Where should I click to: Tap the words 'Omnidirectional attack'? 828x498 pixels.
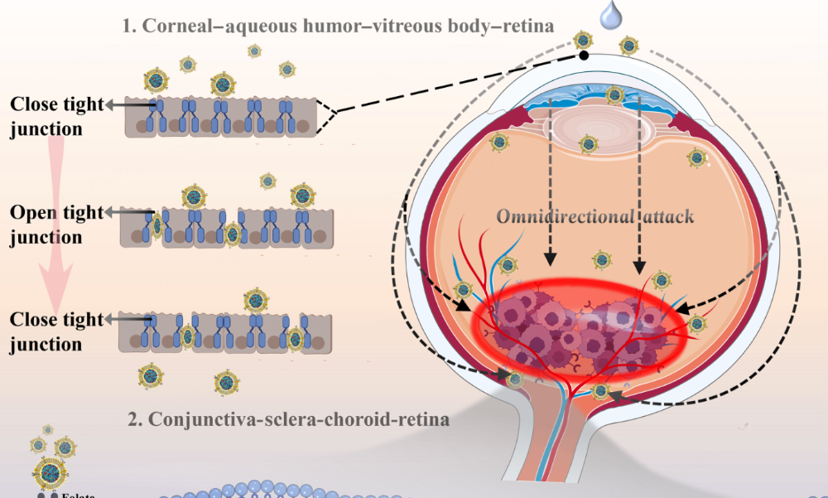(x=595, y=217)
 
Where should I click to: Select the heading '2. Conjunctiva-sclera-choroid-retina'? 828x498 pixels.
(x=289, y=419)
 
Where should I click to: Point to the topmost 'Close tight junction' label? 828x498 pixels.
(x=57, y=117)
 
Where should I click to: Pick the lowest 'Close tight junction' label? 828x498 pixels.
(x=57, y=332)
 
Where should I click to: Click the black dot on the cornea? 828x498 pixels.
(x=585, y=56)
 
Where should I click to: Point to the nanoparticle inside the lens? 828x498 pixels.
(x=588, y=144)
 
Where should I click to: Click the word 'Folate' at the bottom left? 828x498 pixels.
(x=79, y=495)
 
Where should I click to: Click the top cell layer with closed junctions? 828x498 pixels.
(x=220, y=117)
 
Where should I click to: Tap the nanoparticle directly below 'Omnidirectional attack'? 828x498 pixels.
(x=600, y=260)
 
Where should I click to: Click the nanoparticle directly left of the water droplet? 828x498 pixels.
(x=585, y=40)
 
